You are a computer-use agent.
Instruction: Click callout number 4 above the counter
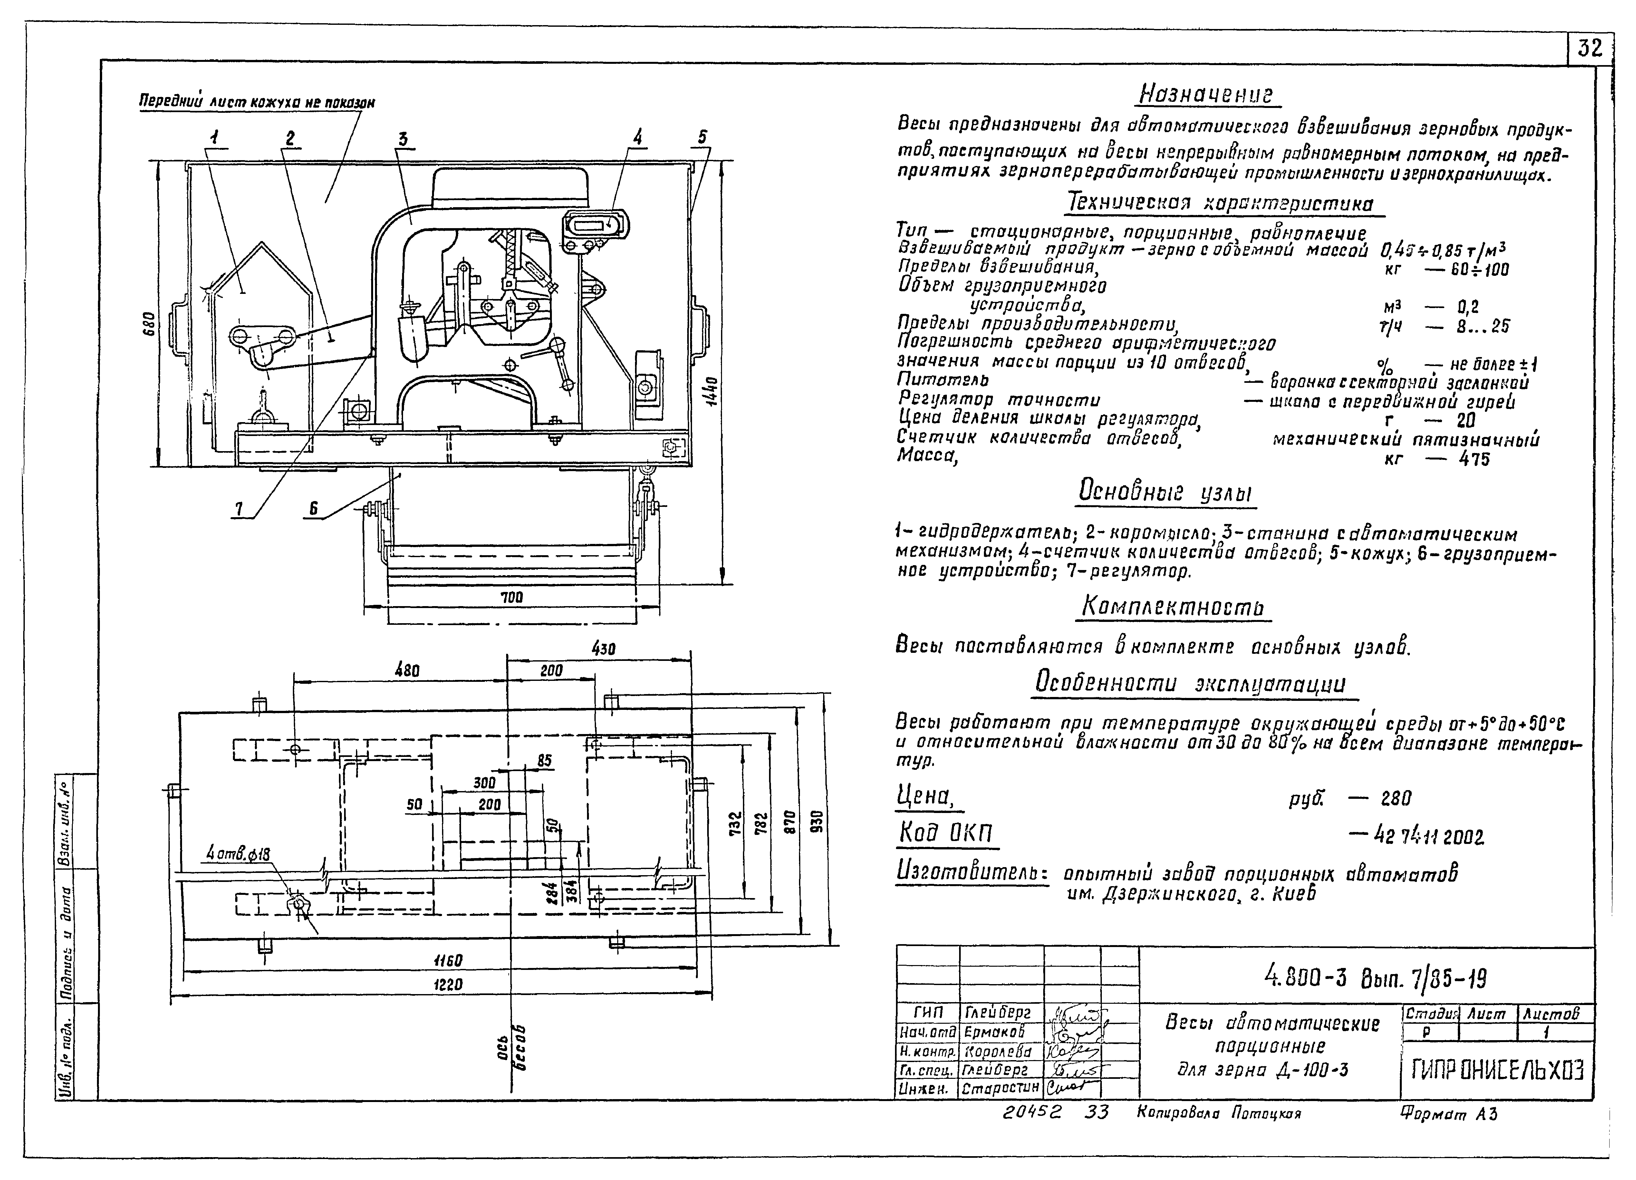pyautogui.click(x=637, y=136)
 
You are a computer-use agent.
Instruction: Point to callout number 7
pyautogui.click(x=238, y=509)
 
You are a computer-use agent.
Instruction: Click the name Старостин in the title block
pyautogui.click(x=1000, y=1088)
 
